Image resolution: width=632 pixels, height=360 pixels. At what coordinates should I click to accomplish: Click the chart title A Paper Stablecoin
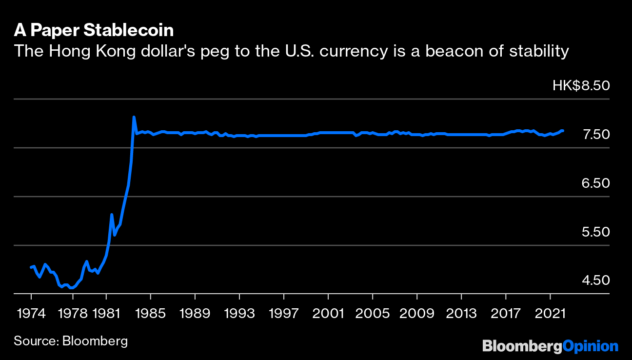94,31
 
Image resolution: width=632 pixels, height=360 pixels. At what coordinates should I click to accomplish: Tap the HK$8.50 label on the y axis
581,86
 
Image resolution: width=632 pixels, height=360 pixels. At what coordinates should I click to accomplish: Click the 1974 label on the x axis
31,313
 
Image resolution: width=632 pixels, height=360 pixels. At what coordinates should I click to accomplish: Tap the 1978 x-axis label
73,313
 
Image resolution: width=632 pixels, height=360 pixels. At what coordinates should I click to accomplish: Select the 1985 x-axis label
151,313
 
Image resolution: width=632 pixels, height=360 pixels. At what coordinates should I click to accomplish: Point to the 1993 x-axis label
239,313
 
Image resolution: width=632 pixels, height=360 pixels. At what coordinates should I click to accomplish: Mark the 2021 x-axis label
550,313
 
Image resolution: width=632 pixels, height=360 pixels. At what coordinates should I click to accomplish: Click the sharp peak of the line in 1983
134,117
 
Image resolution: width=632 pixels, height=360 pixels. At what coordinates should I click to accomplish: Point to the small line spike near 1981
112,215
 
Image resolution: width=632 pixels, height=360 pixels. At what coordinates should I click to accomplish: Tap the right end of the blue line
563,131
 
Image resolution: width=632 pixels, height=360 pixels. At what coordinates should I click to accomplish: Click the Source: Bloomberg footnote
71,340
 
